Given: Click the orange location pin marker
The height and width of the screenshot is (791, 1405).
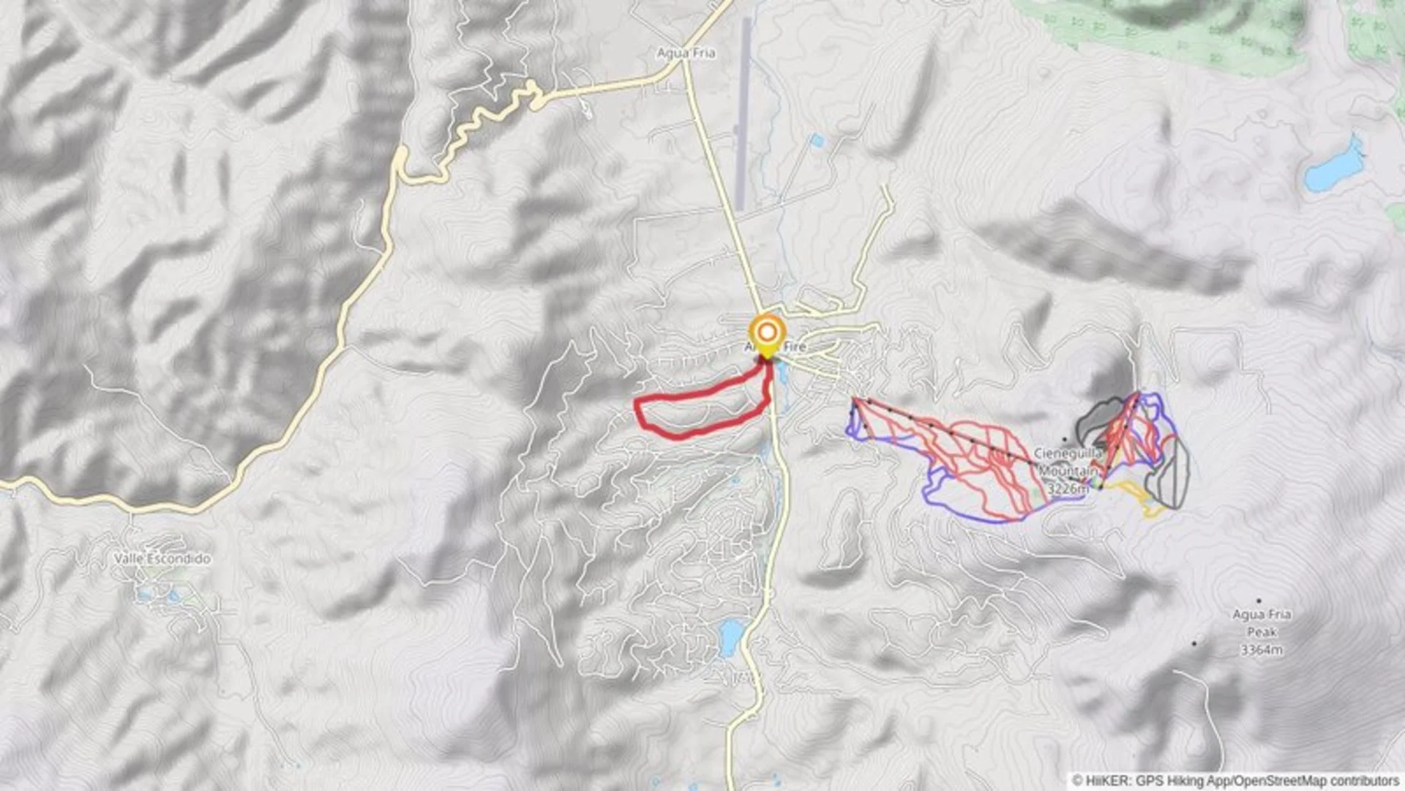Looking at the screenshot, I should pos(766,334).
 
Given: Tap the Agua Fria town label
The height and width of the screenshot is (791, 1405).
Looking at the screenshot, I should pos(686,53).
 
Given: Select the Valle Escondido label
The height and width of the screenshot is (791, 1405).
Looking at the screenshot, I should pos(162,558).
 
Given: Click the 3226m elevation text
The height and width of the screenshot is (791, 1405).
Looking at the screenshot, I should pos(1068,488).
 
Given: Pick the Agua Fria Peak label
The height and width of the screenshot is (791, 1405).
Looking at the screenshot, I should pos(1262,623).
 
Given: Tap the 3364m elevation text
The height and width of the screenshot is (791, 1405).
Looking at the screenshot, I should pos(1262,650).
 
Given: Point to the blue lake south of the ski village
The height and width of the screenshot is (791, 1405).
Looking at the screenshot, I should pos(730,637).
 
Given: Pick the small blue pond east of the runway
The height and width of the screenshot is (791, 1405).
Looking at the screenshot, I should pos(817,141).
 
